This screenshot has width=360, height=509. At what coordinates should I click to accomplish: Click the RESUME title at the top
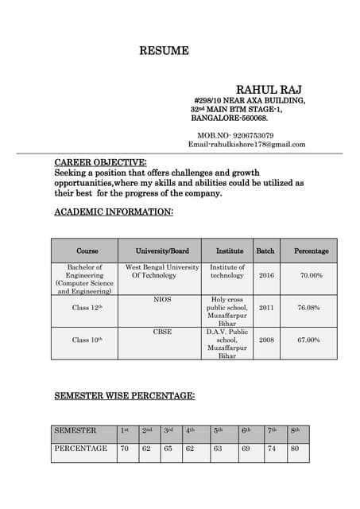tap(165, 51)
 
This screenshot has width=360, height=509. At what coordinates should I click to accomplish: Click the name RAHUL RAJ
tap(269, 88)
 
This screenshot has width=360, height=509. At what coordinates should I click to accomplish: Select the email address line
tap(246, 144)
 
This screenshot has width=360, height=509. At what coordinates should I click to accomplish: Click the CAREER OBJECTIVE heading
tap(100, 162)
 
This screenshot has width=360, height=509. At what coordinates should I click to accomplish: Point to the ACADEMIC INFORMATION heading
tap(113, 212)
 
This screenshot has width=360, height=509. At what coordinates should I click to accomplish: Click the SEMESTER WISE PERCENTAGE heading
tap(124, 395)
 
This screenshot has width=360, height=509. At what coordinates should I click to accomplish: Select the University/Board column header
tap(162, 251)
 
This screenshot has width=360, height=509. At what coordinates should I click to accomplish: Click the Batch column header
tap(265, 251)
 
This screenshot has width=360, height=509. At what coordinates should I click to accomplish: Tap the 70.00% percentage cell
tap(311, 275)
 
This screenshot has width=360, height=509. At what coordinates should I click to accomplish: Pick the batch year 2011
tap(266, 307)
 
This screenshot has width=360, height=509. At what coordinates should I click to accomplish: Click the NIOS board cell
tap(162, 300)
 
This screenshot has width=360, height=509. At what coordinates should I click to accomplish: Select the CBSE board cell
tap(162, 332)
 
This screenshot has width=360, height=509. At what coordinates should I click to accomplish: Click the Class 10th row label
tap(87, 340)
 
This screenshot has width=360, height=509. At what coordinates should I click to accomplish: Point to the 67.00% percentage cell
tap(308, 340)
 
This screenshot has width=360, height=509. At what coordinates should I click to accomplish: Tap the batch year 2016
tap(266, 275)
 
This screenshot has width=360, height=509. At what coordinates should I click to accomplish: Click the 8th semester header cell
tap(295, 431)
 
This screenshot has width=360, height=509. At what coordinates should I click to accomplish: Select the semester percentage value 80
tap(295, 449)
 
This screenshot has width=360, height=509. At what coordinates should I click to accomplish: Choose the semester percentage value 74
tap(272, 449)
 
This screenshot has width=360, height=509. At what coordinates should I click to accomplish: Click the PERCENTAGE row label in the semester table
tap(81, 449)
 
